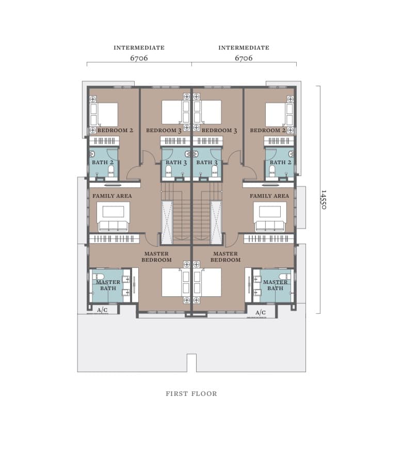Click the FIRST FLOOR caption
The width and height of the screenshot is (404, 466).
pyautogui.click(x=191, y=393)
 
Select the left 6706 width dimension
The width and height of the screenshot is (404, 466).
pyautogui.click(x=139, y=58)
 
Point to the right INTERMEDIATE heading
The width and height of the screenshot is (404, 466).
pyautogui.click(x=244, y=47)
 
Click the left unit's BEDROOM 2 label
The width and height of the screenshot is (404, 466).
pyautogui.click(x=115, y=130)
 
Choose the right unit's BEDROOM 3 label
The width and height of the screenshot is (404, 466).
pyautogui.click(x=219, y=131)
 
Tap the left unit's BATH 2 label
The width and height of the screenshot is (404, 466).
pyautogui.click(x=103, y=162)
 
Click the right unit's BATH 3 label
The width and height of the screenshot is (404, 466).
pyautogui.click(x=207, y=163)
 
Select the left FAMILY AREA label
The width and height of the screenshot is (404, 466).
pyautogui.click(x=112, y=196)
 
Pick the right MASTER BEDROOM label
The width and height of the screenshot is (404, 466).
pyautogui.click(x=225, y=257)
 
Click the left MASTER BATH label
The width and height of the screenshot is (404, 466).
pyautogui.click(x=108, y=285)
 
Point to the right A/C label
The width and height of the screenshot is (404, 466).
pyautogui.click(x=261, y=312)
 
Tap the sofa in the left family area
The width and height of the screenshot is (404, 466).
pyautogui.click(x=113, y=226)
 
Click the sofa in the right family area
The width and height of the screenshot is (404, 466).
pyautogui.click(x=270, y=226)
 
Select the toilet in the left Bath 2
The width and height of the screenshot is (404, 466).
pyautogui.click(x=111, y=171)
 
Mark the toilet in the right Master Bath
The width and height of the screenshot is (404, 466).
pyautogui.click(x=285, y=277)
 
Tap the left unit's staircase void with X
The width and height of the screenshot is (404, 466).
pyautogui.click(x=167, y=222)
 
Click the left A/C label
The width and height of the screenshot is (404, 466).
pyautogui.click(x=102, y=310)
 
